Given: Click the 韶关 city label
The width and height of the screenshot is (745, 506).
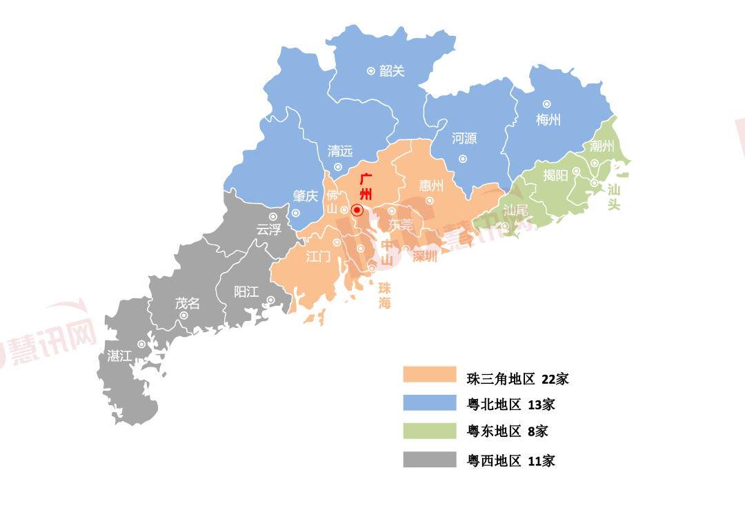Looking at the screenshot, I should pyautogui.click(x=392, y=70).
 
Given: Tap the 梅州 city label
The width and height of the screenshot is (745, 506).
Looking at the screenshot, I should pyautogui.click(x=548, y=119).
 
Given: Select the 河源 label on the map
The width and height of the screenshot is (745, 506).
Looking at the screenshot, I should pyautogui.click(x=464, y=138).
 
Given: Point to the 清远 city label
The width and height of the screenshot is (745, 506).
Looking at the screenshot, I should pyautogui.click(x=340, y=151).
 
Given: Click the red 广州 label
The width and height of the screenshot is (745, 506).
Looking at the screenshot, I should pyautogui.click(x=366, y=187).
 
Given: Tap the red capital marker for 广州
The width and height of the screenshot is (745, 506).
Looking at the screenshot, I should pyautogui.click(x=357, y=210).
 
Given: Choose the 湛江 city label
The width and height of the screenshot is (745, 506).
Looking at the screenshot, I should pyautogui.click(x=119, y=356).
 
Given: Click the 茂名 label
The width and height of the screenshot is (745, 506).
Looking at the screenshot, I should pyautogui.click(x=187, y=302).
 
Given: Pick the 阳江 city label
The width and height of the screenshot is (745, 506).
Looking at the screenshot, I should pyautogui.click(x=246, y=291).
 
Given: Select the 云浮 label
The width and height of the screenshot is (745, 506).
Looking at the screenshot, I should pyautogui.click(x=269, y=229).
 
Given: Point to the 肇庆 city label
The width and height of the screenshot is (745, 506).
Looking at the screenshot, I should pyautogui.click(x=305, y=196).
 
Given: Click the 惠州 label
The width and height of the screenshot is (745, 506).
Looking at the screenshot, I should pyautogui.click(x=431, y=185).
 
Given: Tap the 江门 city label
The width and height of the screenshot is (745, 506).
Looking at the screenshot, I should pyautogui.click(x=318, y=256).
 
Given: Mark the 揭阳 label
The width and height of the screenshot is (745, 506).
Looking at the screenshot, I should pyautogui.click(x=555, y=175).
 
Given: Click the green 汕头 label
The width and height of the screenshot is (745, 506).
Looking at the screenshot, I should pyautogui.click(x=613, y=196).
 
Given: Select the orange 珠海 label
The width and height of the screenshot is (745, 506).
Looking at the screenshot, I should pyautogui.click(x=384, y=295).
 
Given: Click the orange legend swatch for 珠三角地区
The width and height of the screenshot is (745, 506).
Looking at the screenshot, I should pyautogui.click(x=430, y=374).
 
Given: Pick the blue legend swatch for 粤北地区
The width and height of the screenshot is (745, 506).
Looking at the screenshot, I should pyautogui.click(x=430, y=403).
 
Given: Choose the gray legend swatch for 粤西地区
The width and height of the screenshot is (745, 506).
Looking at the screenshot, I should pyautogui.click(x=430, y=460).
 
